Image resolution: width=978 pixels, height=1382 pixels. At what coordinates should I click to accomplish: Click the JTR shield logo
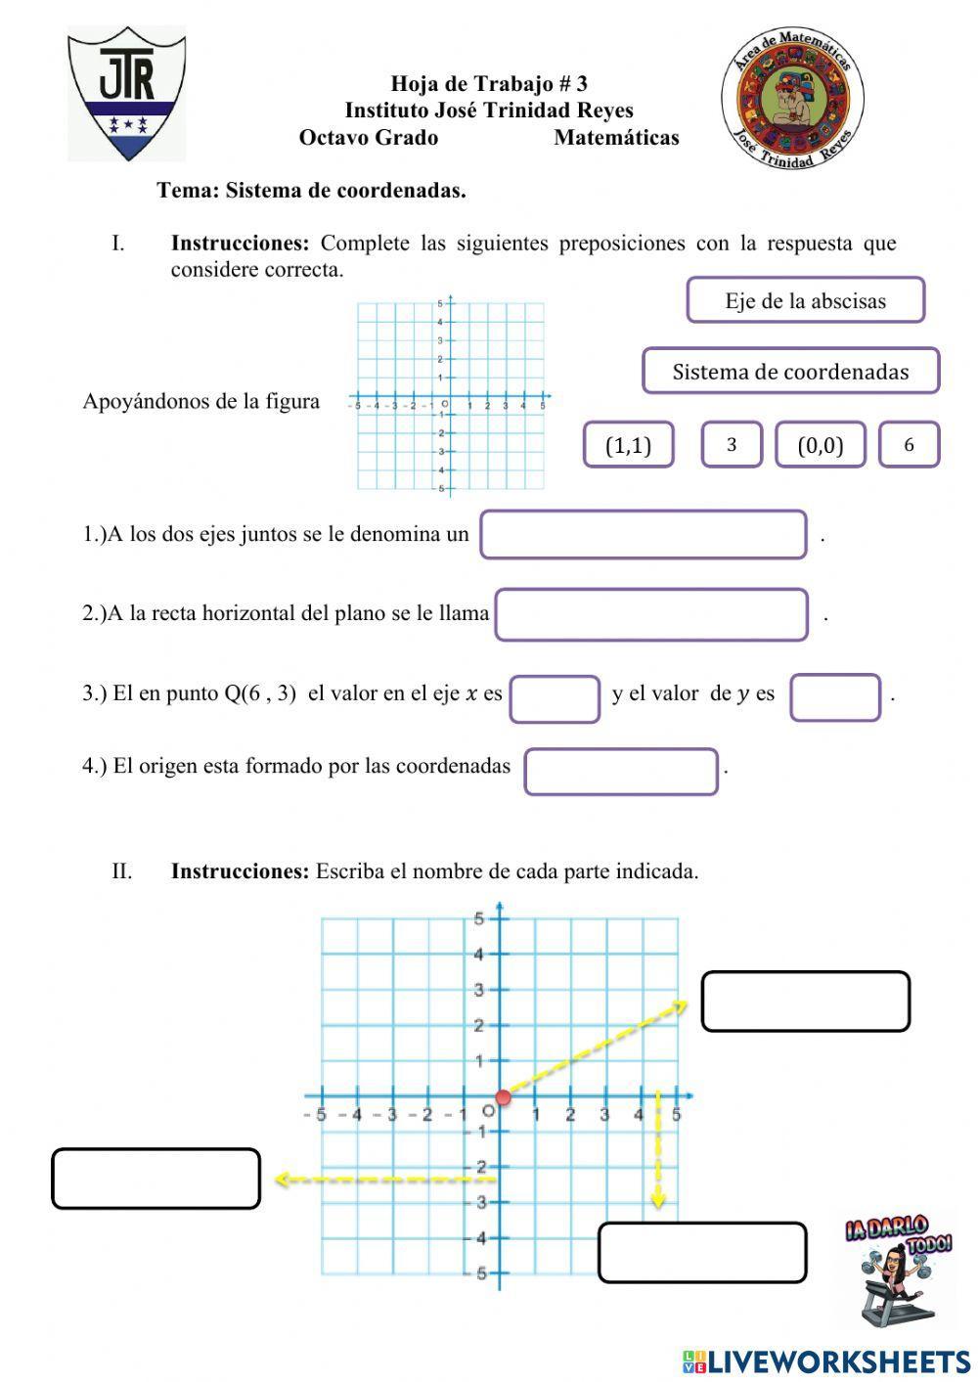pos(126,93)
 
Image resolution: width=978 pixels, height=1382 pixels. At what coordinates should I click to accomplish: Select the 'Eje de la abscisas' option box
pos(805,300)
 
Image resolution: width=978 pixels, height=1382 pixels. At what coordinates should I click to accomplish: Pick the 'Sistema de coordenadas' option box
pos(790,372)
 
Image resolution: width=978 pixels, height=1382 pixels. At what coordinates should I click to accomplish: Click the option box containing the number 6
pos(909,445)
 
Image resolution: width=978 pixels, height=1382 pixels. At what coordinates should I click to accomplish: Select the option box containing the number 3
pos(731,445)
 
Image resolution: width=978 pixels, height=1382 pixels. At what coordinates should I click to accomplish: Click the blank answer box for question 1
pos(643,535)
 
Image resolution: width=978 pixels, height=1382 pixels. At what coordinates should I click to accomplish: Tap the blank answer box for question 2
pos(651,614)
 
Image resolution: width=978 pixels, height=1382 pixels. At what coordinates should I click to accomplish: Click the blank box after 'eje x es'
pos(555,698)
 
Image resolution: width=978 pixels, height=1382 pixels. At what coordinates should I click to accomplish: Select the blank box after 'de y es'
pos(835,697)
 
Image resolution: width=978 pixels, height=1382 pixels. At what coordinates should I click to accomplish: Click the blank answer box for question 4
pos(621,771)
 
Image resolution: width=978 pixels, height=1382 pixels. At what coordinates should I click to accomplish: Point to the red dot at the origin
pos(503,1097)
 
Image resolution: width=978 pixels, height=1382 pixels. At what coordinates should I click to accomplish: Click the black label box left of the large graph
pos(156,1179)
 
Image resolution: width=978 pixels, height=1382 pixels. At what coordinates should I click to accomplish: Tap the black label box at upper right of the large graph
pos(805,1001)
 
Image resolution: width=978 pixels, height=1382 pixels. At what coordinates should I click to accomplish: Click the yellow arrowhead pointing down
pos(658,1198)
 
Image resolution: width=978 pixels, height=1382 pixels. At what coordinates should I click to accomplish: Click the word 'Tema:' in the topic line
pos(188,191)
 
